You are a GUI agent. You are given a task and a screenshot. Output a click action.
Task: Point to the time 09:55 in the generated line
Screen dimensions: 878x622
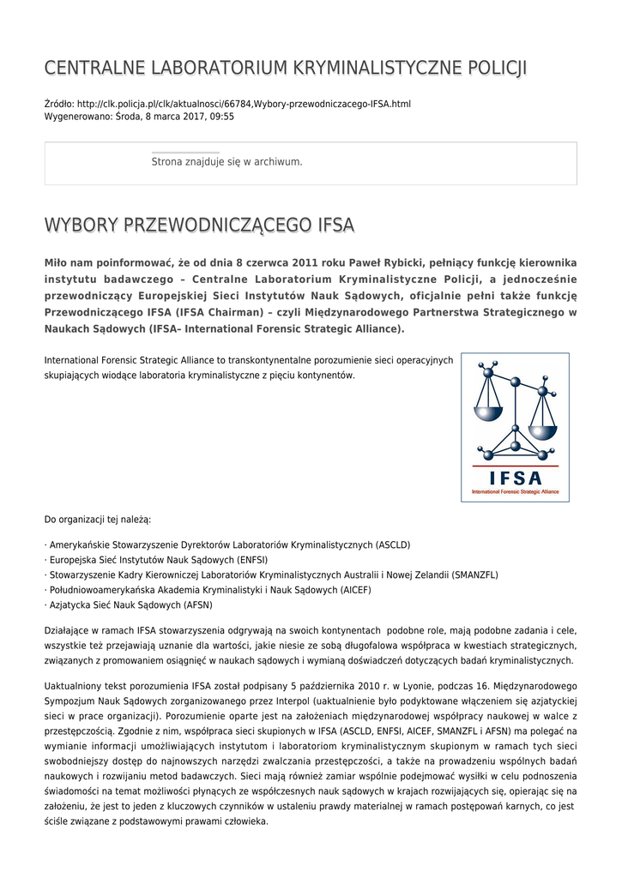221,117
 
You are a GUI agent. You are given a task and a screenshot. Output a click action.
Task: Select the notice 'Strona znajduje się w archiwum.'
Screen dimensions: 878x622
226,161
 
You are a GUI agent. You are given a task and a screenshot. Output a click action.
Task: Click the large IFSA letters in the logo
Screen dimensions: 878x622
515,478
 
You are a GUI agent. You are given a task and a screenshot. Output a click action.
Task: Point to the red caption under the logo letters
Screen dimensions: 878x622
515,492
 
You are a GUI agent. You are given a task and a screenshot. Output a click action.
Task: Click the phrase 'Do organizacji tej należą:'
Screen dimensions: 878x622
98,520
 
